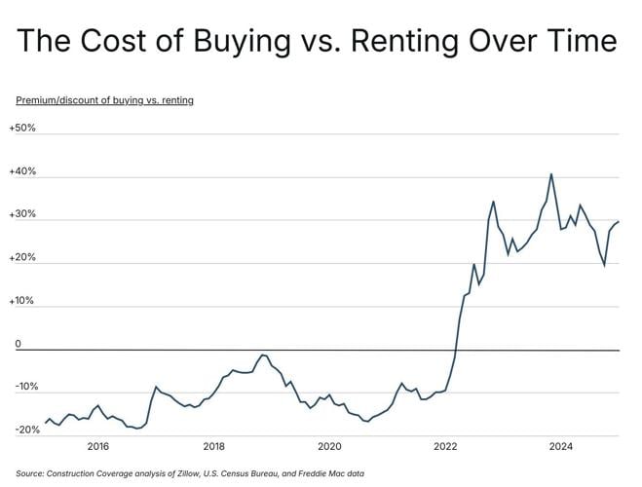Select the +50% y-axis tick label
pos(22,129)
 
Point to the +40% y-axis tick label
pos(22,172)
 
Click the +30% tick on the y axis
pos(22,215)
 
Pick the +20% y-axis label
pos(22,258)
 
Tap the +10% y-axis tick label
pos(22,301)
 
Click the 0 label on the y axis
pos(18,344)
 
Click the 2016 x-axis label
pos(97,447)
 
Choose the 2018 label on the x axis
pos(213,447)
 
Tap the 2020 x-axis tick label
pos(329,447)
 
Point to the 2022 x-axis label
pos(445,447)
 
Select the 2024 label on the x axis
pos(561,447)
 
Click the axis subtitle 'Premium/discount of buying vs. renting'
pos(104,100)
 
